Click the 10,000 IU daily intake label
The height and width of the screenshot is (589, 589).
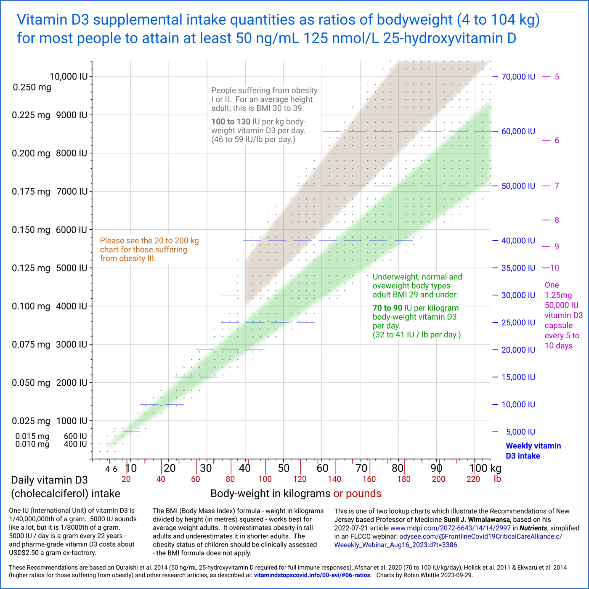click(x=69, y=77)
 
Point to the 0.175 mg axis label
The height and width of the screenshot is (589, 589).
click(x=31, y=192)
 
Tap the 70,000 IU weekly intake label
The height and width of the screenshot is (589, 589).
click(x=518, y=77)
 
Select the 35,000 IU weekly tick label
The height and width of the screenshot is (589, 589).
click(x=518, y=268)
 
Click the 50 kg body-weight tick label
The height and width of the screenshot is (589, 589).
click(x=284, y=468)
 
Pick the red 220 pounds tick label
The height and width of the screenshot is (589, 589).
click(x=473, y=479)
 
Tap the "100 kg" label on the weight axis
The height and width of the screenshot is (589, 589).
click(x=485, y=468)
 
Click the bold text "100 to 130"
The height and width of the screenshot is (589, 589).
click(x=231, y=122)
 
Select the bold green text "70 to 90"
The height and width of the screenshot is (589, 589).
click(x=387, y=308)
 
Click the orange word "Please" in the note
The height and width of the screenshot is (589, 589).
click(x=112, y=241)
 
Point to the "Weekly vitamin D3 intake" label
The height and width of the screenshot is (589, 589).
click(x=533, y=451)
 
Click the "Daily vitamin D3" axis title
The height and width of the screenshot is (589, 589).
click(x=49, y=480)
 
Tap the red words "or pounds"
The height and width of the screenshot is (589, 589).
click(x=357, y=493)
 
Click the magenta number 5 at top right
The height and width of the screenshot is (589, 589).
click(x=557, y=77)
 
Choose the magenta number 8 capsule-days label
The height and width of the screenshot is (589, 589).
click(x=557, y=220)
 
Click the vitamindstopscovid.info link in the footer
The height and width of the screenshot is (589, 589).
click(x=312, y=575)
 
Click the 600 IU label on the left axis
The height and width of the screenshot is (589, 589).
click(x=75, y=436)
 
